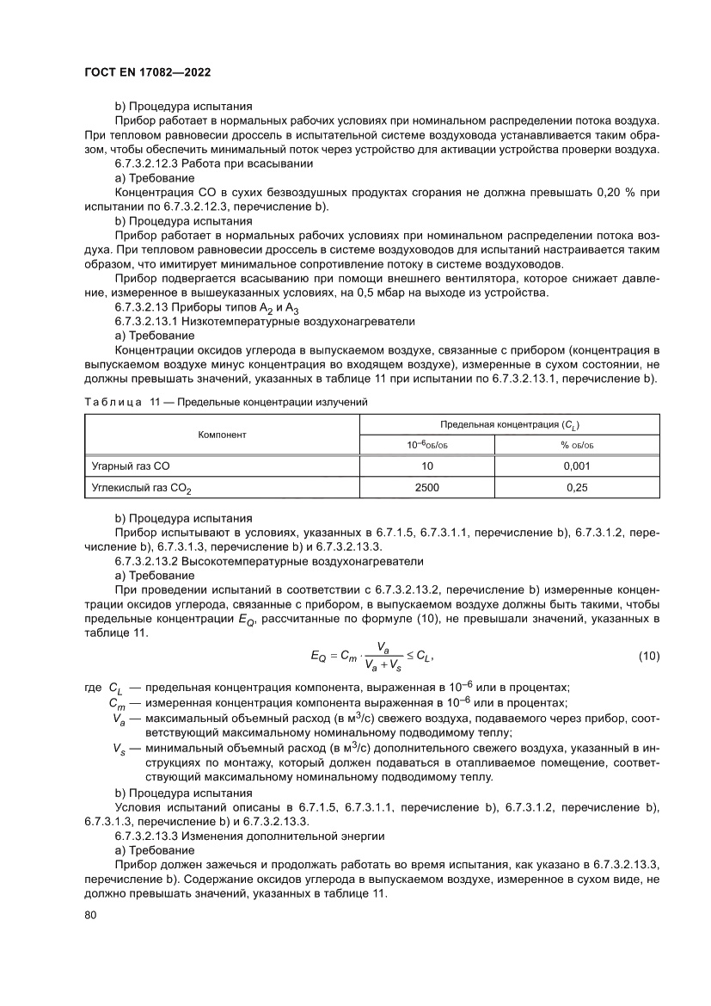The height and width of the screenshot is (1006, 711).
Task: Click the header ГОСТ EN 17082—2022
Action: (x=147, y=73)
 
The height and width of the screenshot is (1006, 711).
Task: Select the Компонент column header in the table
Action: (x=223, y=435)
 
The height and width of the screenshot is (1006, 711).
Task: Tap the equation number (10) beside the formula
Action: (x=648, y=656)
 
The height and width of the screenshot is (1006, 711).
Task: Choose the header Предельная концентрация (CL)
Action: (x=509, y=424)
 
